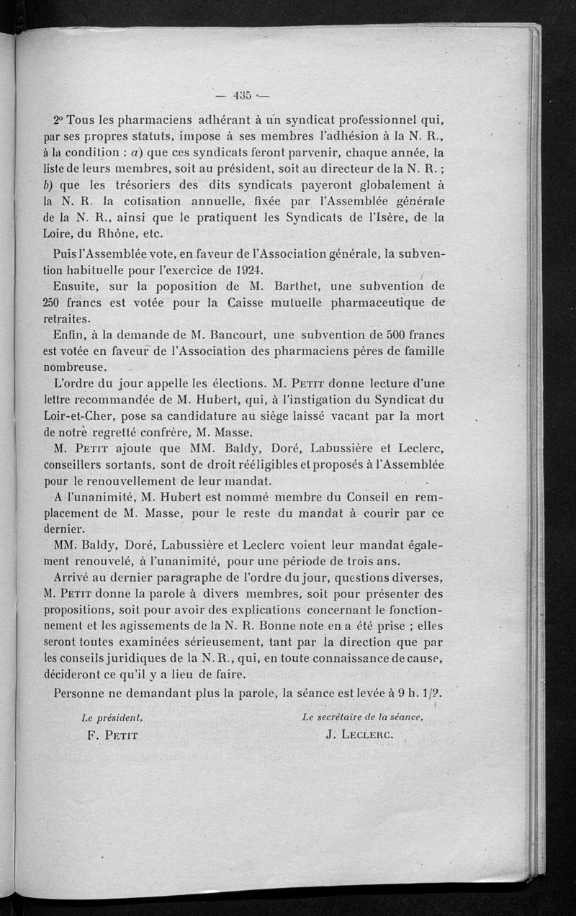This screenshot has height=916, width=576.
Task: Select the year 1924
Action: [230, 270]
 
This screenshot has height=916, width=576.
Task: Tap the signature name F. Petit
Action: [109, 736]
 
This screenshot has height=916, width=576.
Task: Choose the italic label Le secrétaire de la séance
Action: [361, 717]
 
